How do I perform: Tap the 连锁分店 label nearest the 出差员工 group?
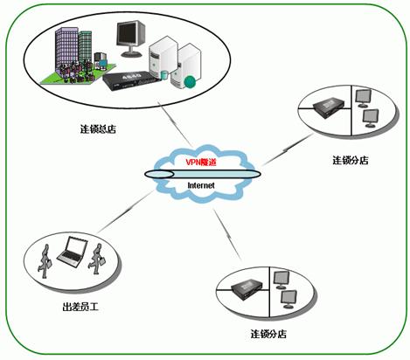268,334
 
